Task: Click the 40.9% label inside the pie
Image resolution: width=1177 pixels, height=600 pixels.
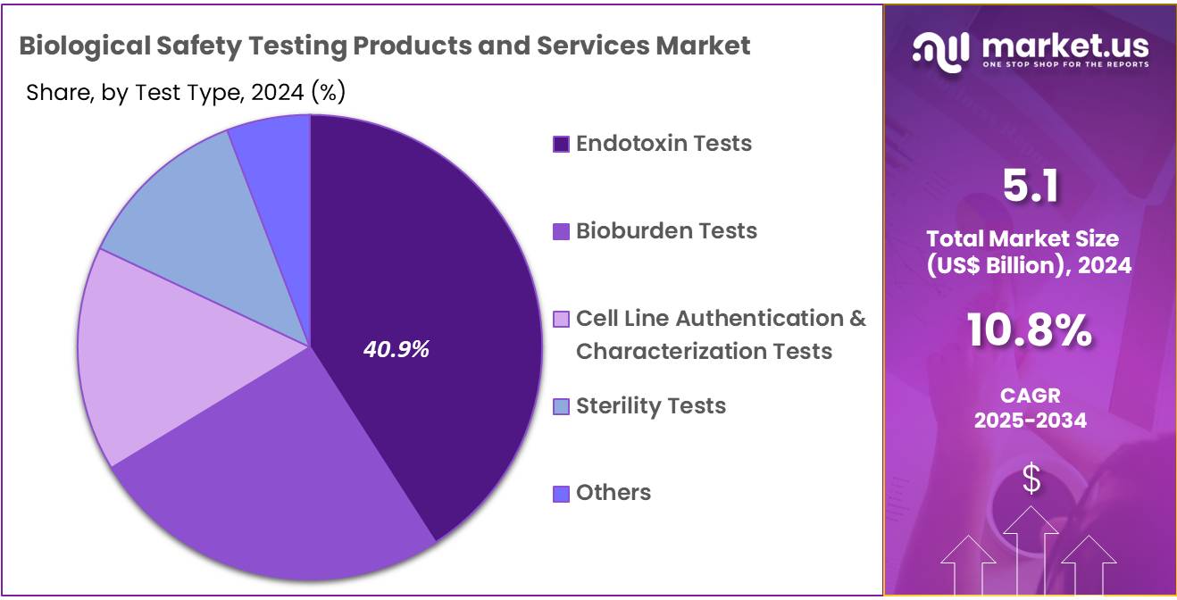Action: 396,350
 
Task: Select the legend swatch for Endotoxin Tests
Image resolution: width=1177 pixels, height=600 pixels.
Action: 561,144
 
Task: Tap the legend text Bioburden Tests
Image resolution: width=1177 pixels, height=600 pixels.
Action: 666,230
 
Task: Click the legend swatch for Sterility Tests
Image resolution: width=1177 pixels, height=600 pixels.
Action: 561,406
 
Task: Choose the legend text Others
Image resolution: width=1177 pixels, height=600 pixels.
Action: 613,492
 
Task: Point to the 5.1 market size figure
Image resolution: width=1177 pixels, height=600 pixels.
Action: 1030,187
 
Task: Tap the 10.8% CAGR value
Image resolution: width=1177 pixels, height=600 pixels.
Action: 1030,330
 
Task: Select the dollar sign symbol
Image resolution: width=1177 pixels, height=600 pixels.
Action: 1031,479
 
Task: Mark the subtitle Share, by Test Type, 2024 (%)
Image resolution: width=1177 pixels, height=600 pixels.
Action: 186,92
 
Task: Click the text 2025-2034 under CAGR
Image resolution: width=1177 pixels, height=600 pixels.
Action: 1030,420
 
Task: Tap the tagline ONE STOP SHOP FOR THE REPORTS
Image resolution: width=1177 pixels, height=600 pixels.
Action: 1064,64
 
